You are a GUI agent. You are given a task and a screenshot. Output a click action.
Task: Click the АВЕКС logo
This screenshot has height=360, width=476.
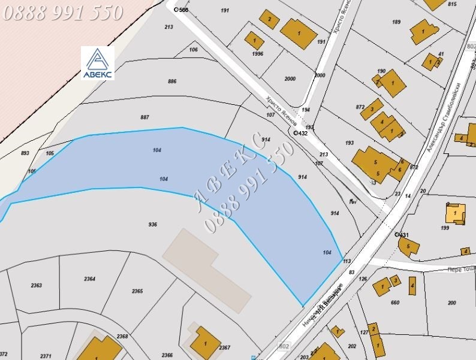97,63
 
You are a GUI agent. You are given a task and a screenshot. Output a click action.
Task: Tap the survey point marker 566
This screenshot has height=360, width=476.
176,10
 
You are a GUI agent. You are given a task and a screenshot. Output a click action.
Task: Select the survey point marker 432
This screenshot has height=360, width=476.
296,133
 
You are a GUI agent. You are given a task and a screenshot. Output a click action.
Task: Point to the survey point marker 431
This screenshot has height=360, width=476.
397,234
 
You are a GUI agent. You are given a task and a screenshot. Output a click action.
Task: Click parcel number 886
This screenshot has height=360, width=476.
173,81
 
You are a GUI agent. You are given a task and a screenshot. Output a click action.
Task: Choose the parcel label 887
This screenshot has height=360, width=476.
144,117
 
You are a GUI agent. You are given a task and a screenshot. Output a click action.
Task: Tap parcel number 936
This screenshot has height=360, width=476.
152,225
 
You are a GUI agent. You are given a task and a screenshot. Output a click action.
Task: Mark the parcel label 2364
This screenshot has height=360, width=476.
89,279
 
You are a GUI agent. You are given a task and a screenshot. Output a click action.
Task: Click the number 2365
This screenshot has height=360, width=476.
137,291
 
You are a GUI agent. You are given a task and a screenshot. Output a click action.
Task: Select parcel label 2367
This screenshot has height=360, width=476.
225,347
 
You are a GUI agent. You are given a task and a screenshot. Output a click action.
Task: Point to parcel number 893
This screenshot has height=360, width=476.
25,153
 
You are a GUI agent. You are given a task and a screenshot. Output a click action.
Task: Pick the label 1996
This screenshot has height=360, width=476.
258,54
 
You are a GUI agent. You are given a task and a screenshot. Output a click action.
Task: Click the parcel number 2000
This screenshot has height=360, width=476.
290,79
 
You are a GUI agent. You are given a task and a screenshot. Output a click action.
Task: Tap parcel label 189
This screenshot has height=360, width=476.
396,22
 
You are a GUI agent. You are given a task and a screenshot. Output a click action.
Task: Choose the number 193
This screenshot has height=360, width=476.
350,143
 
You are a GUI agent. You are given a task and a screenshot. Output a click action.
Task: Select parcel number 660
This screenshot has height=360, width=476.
394,302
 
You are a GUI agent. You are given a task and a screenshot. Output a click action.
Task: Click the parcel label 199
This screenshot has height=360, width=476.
444,228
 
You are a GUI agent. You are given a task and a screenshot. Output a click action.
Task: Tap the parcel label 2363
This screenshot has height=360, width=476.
37,286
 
